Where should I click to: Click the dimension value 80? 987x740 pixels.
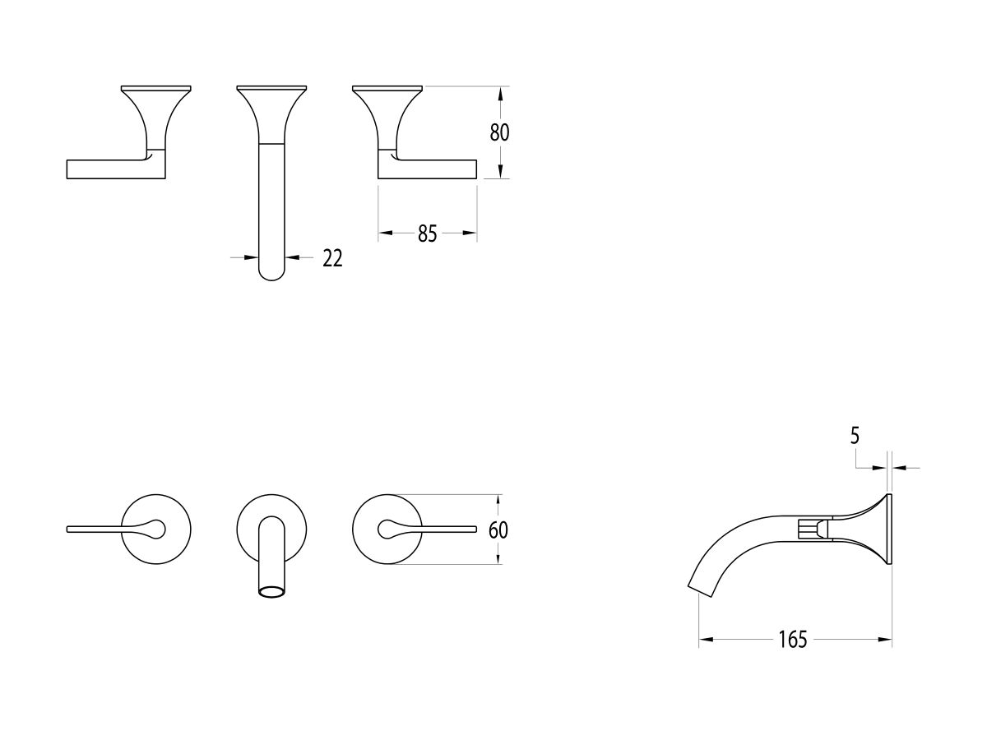[500, 132]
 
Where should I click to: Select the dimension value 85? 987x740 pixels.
[427, 234]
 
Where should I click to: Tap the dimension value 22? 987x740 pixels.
[332, 258]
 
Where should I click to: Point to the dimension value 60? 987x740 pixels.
[498, 530]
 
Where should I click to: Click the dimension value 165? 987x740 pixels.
[792, 640]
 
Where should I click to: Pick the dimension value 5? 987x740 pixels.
[855, 437]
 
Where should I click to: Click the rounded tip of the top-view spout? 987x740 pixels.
[271, 273]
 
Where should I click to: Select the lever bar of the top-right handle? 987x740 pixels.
[428, 169]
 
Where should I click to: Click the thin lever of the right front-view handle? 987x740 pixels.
[448, 527]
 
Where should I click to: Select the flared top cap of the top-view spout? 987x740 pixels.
[271, 88]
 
